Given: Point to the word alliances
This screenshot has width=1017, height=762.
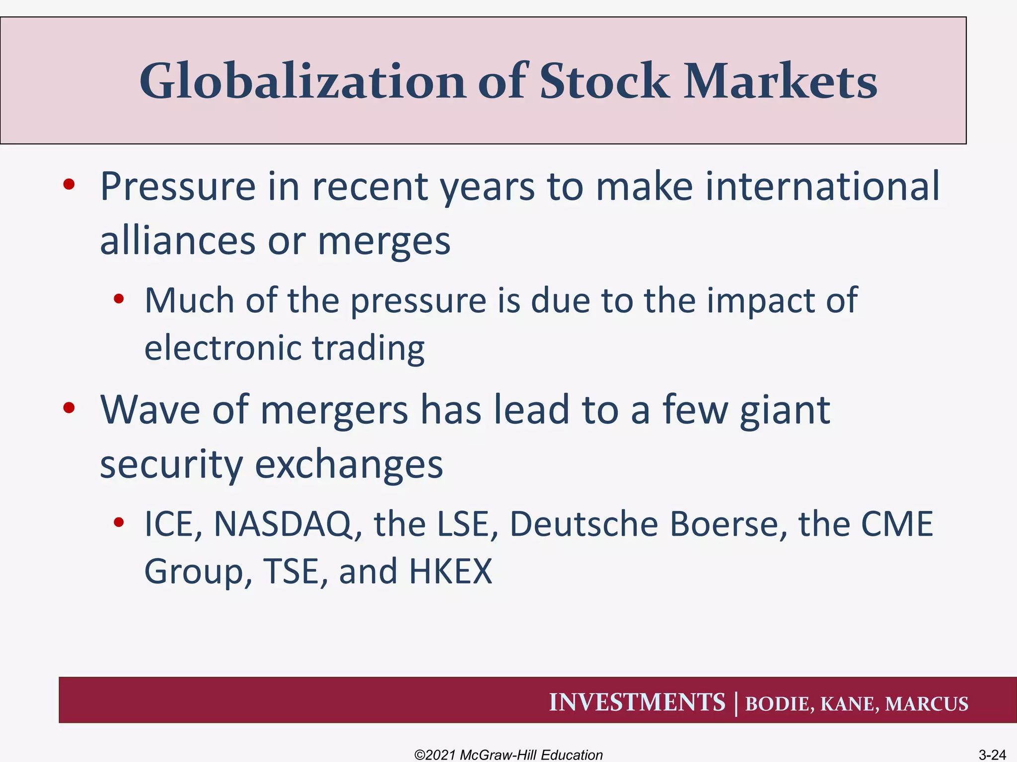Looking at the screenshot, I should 177,241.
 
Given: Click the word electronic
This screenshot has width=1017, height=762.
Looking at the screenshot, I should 221,348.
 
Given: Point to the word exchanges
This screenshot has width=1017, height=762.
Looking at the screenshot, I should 349,465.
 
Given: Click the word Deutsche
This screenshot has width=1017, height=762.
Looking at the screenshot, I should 583,524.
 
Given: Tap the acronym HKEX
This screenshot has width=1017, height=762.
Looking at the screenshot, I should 450,571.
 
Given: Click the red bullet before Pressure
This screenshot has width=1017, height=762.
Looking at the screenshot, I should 69,185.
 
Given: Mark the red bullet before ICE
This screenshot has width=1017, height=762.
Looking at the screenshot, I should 118,522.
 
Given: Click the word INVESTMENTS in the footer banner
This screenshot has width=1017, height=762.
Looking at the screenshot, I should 637,702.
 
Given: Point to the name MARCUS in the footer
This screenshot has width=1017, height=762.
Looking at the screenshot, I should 927,704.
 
